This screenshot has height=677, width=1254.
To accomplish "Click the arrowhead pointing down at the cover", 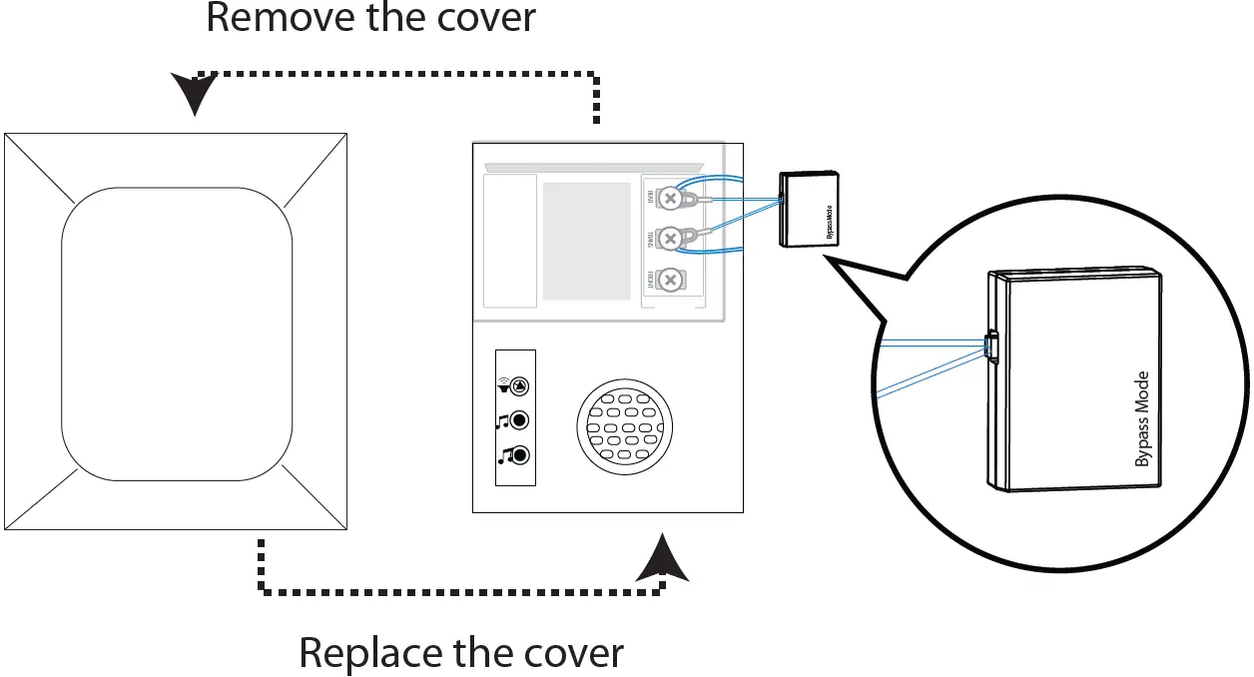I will pos(194,94).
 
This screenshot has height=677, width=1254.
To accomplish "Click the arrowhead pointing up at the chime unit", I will pos(662,558).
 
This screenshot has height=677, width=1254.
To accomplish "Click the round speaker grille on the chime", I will pos(624,427).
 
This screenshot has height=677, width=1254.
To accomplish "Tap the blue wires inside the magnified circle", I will pos(929,364).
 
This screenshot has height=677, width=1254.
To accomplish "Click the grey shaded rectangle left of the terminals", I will pos(586,241).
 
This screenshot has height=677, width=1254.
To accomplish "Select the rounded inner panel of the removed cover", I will pos(177,334).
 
